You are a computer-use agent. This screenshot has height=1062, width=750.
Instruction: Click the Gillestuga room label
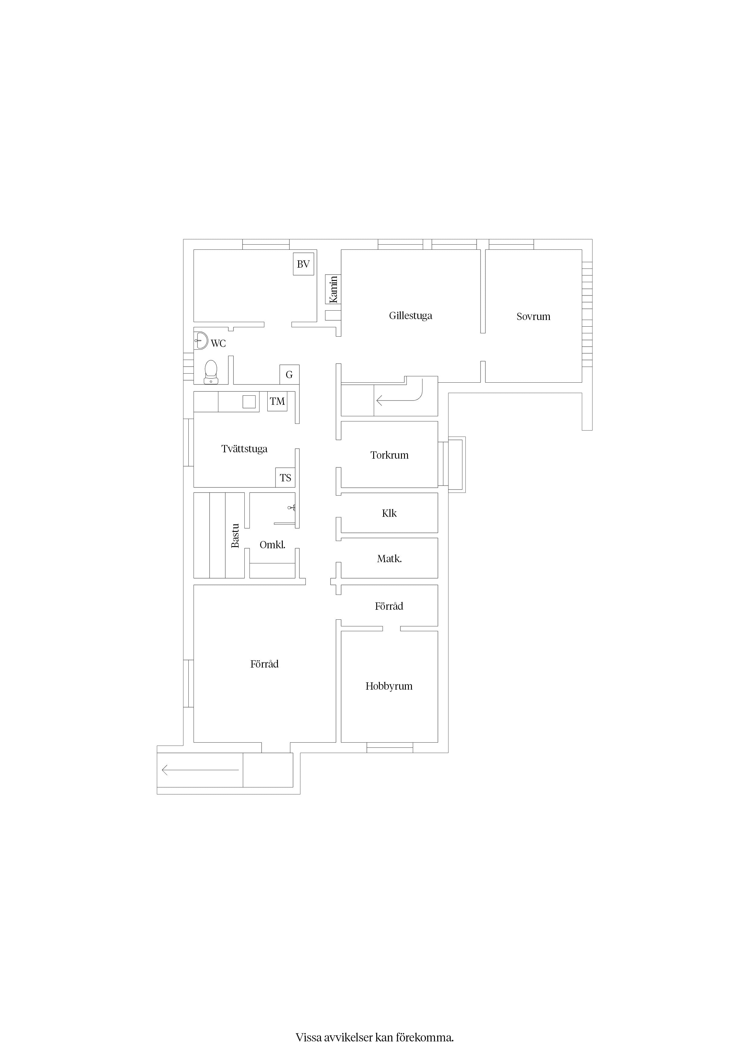pos(410,316)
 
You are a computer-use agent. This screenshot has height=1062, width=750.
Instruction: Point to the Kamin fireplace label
pos(333,289)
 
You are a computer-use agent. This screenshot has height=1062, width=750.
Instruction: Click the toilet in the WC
pos(211,372)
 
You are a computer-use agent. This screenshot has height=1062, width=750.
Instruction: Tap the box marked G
pos(289,375)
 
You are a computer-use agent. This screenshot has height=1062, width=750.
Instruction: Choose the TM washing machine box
pos(277,401)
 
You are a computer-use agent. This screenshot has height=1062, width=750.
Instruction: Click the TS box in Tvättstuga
pos(285,478)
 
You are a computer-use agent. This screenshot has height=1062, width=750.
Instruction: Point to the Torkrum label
pos(390,455)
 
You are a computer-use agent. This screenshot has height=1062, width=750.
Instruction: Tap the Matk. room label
pos(390,559)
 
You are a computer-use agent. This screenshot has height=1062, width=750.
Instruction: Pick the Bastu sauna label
pos(235,536)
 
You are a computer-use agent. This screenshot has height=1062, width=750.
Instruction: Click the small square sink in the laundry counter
pos(249,401)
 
